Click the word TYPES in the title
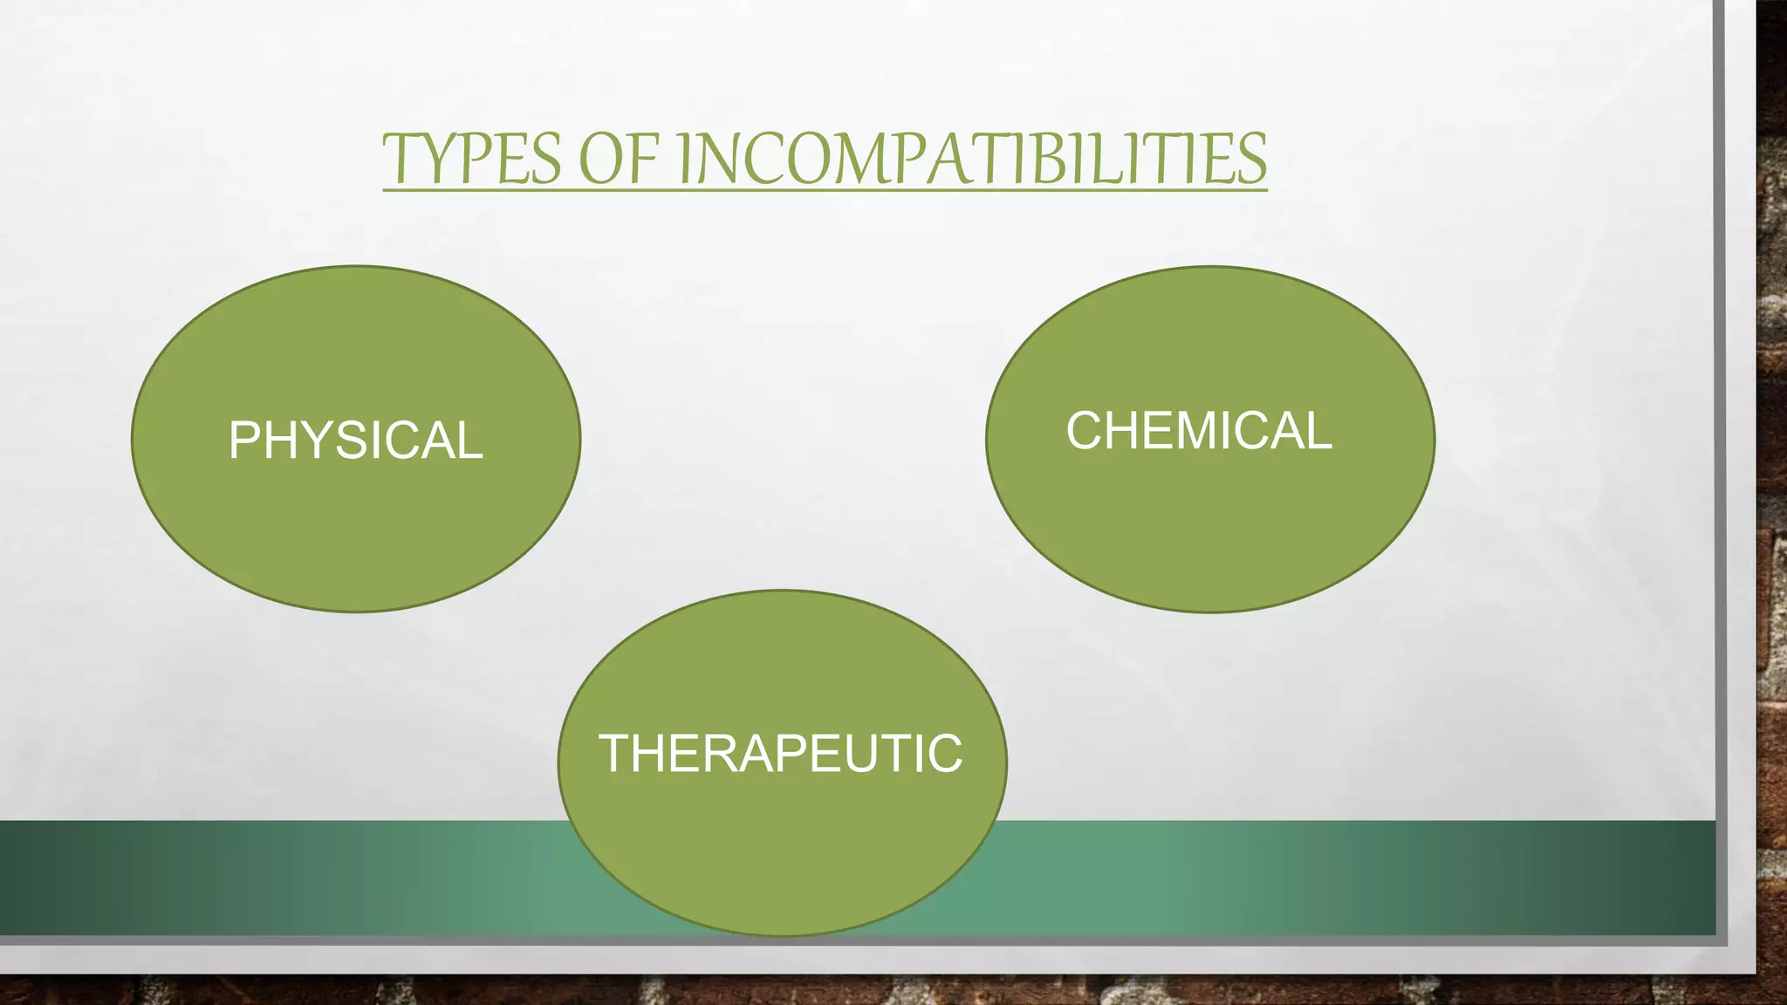(471, 159)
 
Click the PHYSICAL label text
(355, 440)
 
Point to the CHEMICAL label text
(1199, 431)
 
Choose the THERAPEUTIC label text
(780, 754)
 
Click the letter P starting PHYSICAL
(244, 440)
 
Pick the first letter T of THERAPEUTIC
(616, 754)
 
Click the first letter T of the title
(400, 159)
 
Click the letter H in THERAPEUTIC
(653, 754)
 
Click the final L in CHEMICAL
(1319, 431)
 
